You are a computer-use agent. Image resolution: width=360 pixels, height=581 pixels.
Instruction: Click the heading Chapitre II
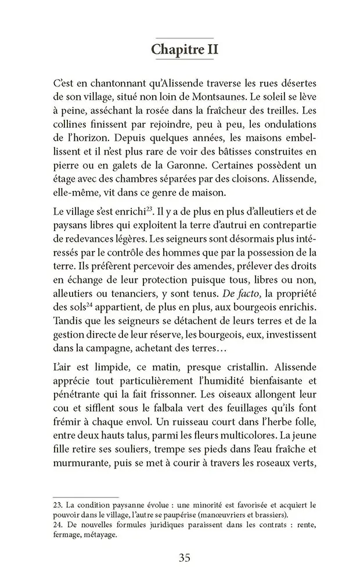coord(185,49)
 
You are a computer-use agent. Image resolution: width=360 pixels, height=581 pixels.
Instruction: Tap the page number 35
coord(185,558)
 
